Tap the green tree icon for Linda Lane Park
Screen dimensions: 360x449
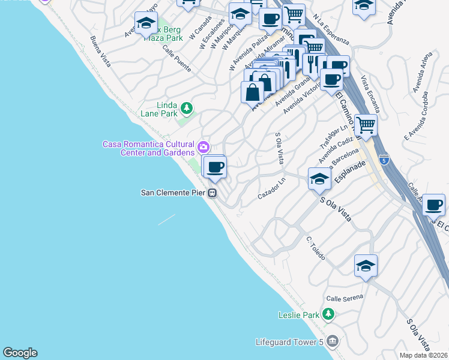click(187, 108)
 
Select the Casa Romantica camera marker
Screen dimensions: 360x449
click(203, 146)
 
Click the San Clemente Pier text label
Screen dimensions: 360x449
click(173, 193)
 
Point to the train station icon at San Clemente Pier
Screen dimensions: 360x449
click(212, 193)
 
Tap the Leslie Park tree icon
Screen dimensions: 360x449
click(328, 314)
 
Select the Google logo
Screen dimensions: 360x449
click(20, 353)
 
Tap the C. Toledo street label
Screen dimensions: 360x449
click(315, 248)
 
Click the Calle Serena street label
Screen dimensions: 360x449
click(345, 298)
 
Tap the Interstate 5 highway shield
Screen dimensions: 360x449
click(384, 160)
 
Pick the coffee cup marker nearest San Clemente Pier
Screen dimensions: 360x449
click(214, 167)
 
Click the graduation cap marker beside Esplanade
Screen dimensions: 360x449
click(319, 179)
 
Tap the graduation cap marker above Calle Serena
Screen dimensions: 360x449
click(366, 266)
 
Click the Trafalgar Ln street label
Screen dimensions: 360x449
click(334, 138)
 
